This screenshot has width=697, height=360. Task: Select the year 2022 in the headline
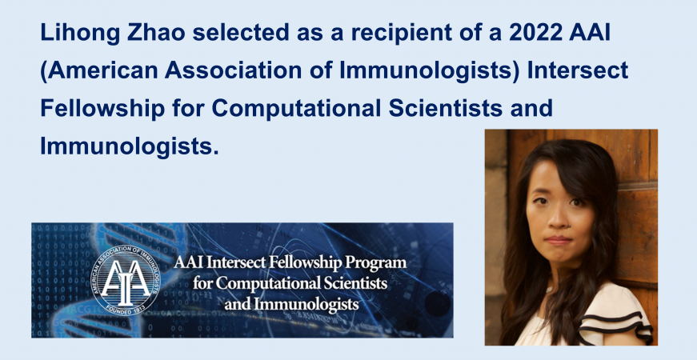pyautogui.click(x=535, y=32)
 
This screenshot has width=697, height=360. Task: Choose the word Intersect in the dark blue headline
pyautogui.click(x=578, y=70)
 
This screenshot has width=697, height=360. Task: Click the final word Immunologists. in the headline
pyautogui.click(x=130, y=146)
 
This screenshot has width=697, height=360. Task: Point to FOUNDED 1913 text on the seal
pyautogui.click(x=125, y=310)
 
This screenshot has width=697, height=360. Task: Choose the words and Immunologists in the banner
pyautogui.click(x=291, y=304)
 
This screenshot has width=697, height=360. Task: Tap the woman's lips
pyautogui.click(x=559, y=241)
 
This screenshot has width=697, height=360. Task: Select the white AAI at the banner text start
pyautogui.click(x=189, y=262)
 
